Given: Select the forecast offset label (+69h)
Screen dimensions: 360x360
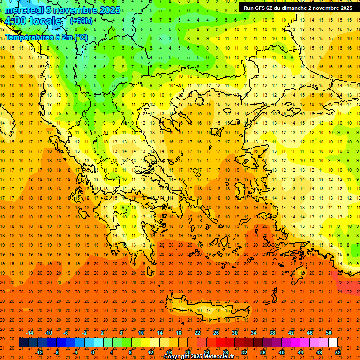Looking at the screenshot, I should tap(81, 21).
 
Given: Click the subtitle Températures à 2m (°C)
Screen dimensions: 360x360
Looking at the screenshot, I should tap(46, 37).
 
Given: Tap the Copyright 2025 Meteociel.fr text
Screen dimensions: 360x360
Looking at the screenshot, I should tap(199, 357).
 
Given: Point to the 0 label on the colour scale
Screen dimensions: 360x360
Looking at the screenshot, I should tap(93, 352).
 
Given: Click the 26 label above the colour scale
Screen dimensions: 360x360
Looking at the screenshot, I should tap(216, 333).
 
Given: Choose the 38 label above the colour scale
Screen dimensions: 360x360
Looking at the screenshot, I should tap(272, 333).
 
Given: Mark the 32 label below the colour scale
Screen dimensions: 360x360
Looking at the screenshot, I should tap(244, 352).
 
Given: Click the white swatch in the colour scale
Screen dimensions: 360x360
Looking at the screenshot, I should tap(333, 343).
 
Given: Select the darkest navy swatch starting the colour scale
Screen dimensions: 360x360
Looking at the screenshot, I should tap(23, 343).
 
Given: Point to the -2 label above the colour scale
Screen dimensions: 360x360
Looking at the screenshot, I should tap(85, 333).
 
